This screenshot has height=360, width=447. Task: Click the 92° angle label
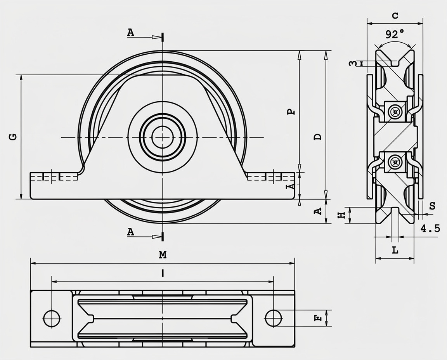pos(395,35)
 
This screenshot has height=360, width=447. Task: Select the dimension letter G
pos(13,137)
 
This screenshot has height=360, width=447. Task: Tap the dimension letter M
pos(163,254)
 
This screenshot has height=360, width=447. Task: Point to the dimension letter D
pos(317,137)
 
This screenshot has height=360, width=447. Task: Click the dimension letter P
pos(291,112)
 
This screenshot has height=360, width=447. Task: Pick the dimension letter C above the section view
pos(395,16)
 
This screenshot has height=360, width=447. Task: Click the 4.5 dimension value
pos(430,228)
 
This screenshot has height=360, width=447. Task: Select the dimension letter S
pos(433,206)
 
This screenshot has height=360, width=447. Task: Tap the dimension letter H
pos(341,215)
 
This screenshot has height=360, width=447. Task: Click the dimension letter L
pos(395,250)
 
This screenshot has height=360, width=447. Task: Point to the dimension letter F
pos(317,318)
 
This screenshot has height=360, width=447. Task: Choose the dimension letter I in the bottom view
pos(163,273)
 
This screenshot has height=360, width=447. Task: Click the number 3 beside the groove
pos(353,63)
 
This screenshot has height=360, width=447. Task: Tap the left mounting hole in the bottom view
pos(52,318)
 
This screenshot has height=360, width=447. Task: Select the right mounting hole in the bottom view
pos(274,318)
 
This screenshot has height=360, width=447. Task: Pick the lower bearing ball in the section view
pos(395,163)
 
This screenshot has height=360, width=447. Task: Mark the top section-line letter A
pos(130,33)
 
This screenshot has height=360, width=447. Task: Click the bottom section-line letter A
pos(130,232)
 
